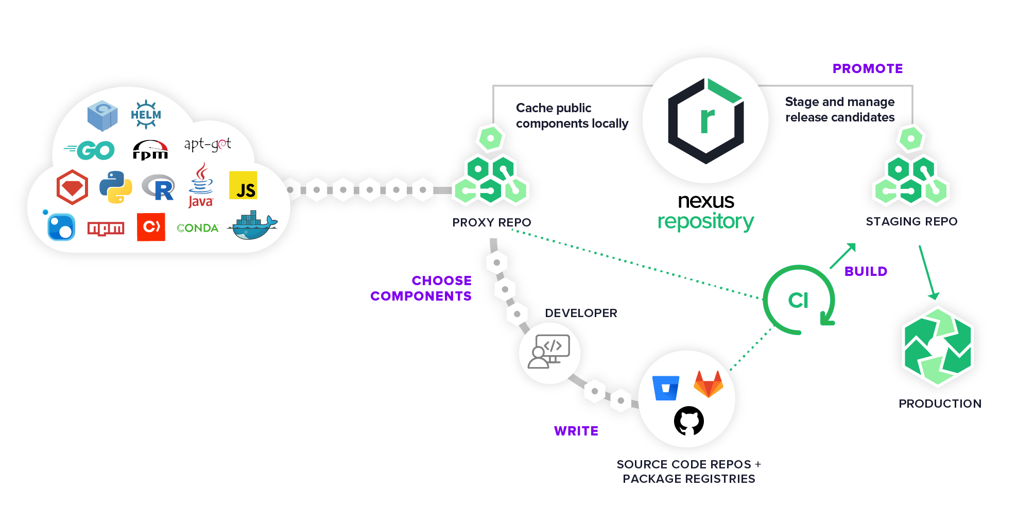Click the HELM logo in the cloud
point(146,114)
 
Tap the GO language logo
point(91,150)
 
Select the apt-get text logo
point(208,144)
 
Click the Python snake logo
point(115,187)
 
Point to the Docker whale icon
point(253,225)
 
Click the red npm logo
point(106,228)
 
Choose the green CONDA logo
point(197,228)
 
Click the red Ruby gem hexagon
point(72,187)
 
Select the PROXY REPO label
point(491,222)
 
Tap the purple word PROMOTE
point(867,68)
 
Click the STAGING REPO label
point(911,221)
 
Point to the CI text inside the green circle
point(798,300)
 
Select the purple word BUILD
point(866,271)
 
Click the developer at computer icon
point(549,352)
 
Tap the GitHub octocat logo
point(688,421)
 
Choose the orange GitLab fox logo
point(709,384)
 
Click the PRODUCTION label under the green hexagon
point(940,404)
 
